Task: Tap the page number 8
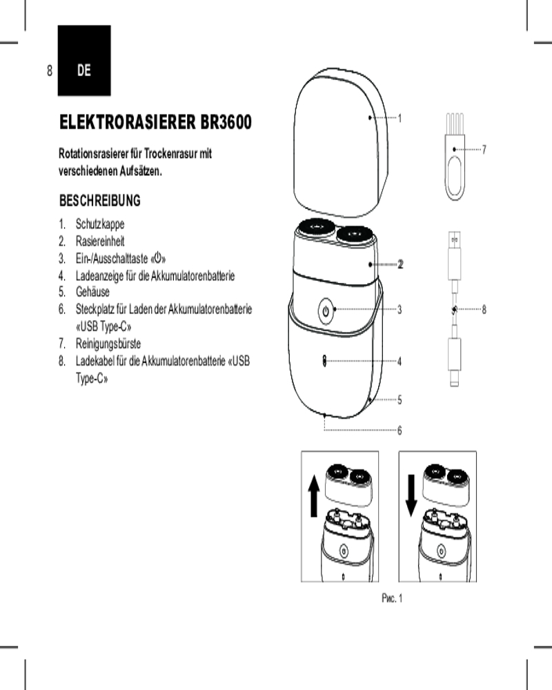50,70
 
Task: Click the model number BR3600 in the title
226,123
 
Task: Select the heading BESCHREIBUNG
100,201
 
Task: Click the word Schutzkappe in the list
100,224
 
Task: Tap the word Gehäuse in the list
92,292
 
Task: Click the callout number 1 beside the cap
400,118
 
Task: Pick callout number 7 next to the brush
485,148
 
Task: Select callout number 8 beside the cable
484,310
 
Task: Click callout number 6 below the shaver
400,431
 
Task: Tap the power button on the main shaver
326,310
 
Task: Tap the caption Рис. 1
391,598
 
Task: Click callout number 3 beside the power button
400,310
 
